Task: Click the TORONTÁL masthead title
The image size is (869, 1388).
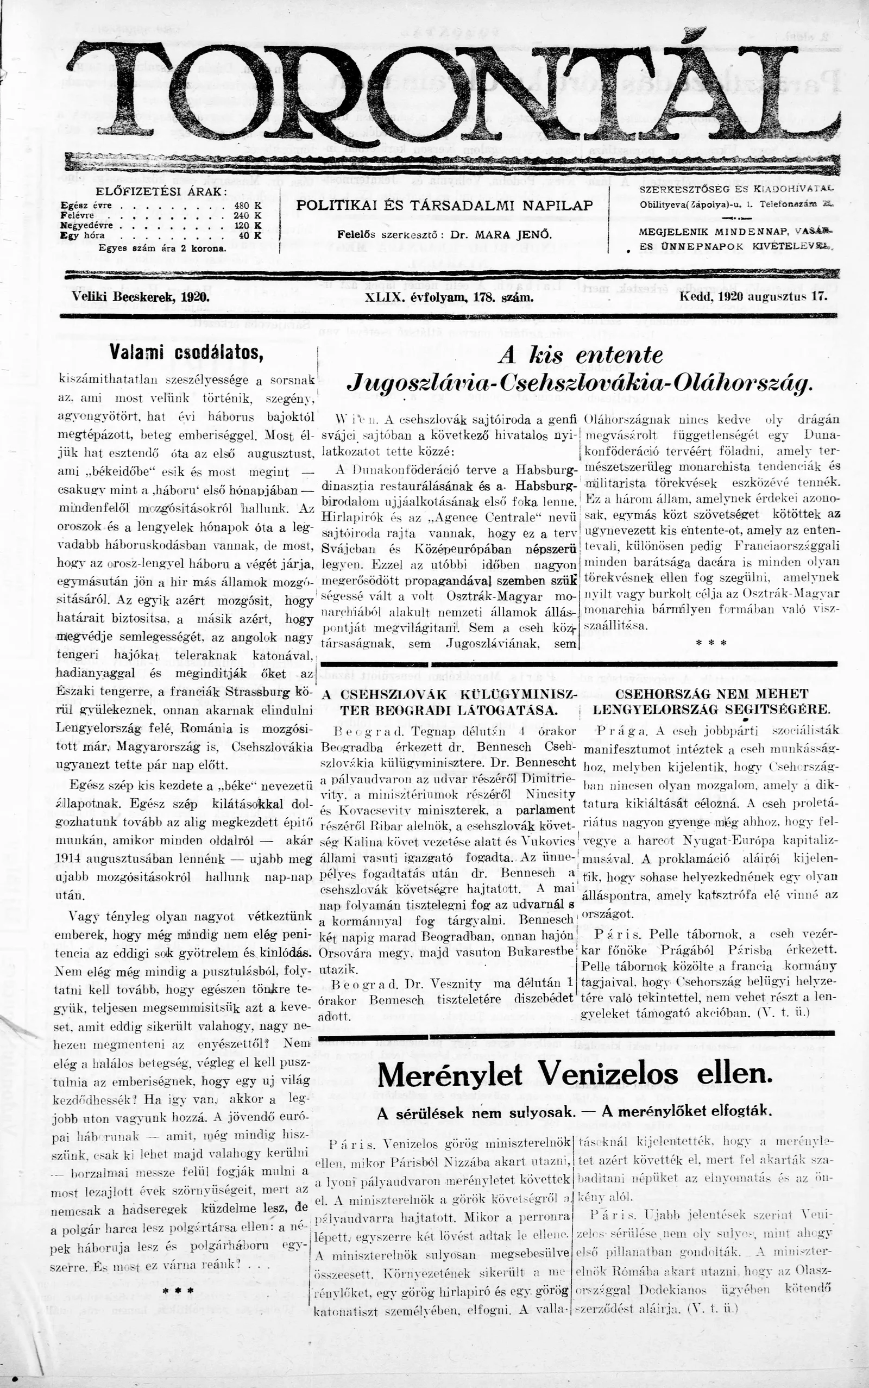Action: pos(454,92)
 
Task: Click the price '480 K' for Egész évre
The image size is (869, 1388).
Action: pos(248,205)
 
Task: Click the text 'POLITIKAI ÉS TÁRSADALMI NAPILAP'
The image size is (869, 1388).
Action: pos(444,206)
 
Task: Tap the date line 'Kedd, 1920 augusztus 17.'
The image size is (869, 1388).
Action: pos(753,297)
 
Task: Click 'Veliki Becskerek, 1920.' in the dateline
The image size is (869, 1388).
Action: pos(140,297)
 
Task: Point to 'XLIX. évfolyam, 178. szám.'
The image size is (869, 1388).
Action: pos(450,298)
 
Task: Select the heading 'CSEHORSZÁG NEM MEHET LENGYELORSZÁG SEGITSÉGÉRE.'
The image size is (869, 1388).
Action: pos(711,702)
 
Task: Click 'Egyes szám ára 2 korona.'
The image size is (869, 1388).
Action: pos(162,248)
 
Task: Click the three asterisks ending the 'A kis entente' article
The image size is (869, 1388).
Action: pos(711,642)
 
